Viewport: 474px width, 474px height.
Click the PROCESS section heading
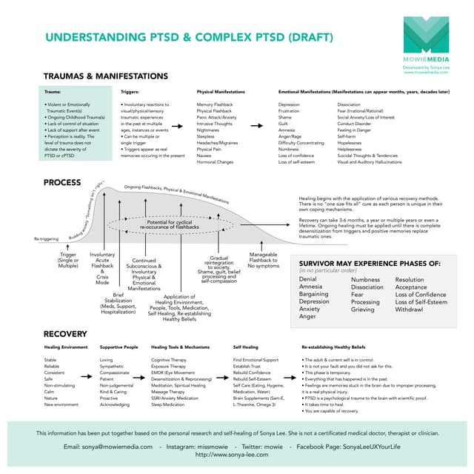click(63, 181)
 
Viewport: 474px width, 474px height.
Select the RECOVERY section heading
click(65, 334)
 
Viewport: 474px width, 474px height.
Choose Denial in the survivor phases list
click(309, 280)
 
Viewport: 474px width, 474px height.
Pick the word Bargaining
click(314, 294)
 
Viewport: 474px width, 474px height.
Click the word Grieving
click(363, 309)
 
